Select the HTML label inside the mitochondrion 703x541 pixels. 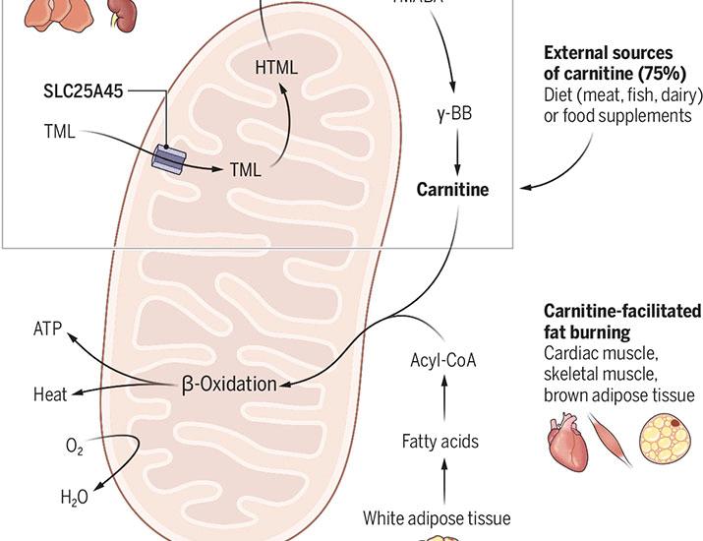pyautogui.click(x=274, y=68)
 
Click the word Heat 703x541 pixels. pyautogui.click(x=49, y=394)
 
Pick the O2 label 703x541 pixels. pyautogui.click(x=74, y=449)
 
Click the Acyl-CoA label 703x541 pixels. pyautogui.click(x=442, y=357)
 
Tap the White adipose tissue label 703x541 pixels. pyautogui.click(x=437, y=517)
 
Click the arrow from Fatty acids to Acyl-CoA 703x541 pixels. pyautogui.click(x=442, y=399)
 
